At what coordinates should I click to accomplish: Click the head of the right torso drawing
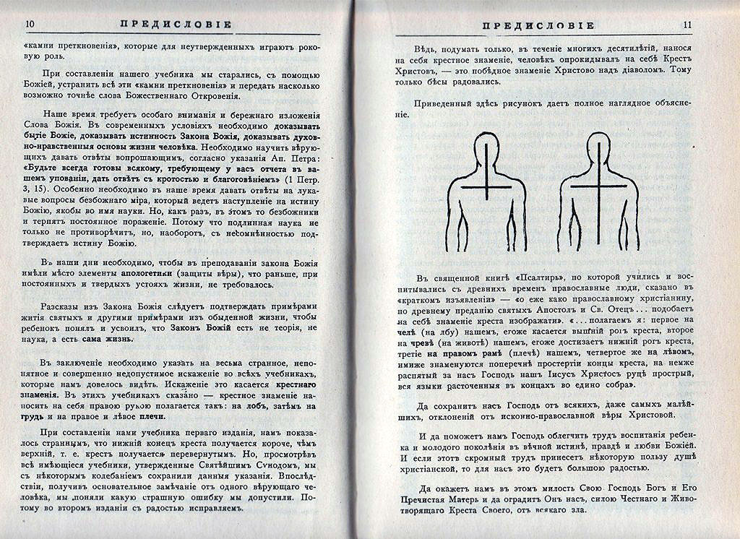(x=600, y=147)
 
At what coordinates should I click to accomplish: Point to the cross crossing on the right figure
(x=600, y=186)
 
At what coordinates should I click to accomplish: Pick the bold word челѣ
(x=417, y=330)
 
